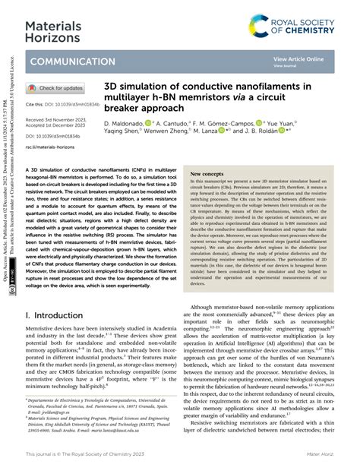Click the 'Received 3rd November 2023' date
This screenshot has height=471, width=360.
[54, 120]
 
